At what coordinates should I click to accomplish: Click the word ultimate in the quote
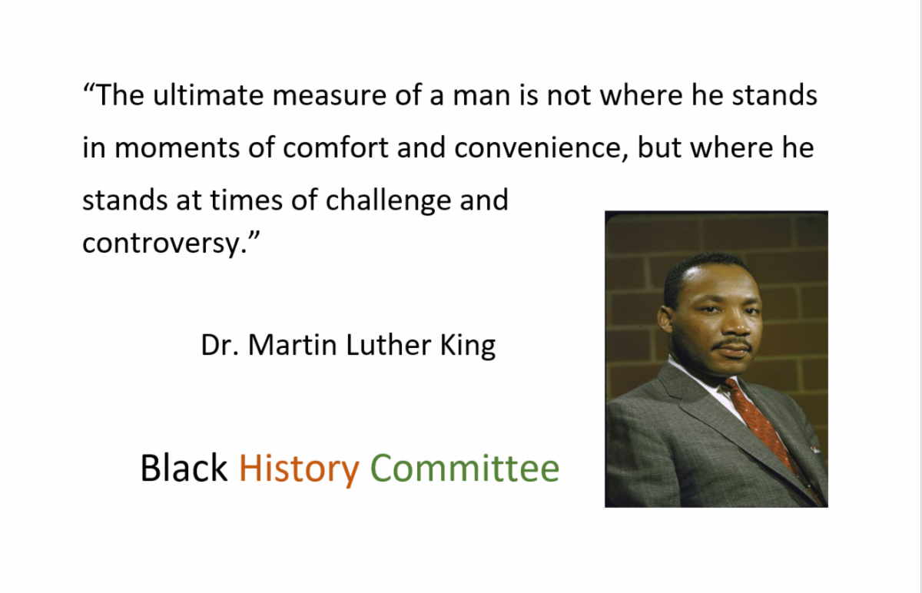click(208, 94)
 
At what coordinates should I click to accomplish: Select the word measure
click(330, 96)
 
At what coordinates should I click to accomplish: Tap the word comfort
click(336, 147)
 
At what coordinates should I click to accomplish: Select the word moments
click(177, 148)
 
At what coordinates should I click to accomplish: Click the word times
click(246, 200)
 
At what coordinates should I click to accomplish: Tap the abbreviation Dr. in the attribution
click(220, 345)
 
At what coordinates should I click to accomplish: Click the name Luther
click(389, 345)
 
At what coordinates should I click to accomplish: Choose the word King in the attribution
click(468, 346)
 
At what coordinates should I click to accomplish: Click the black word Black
click(184, 467)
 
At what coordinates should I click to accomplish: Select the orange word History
click(299, 469)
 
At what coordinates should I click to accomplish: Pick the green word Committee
click(465, 468)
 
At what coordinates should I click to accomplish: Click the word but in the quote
click(659, 147)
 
